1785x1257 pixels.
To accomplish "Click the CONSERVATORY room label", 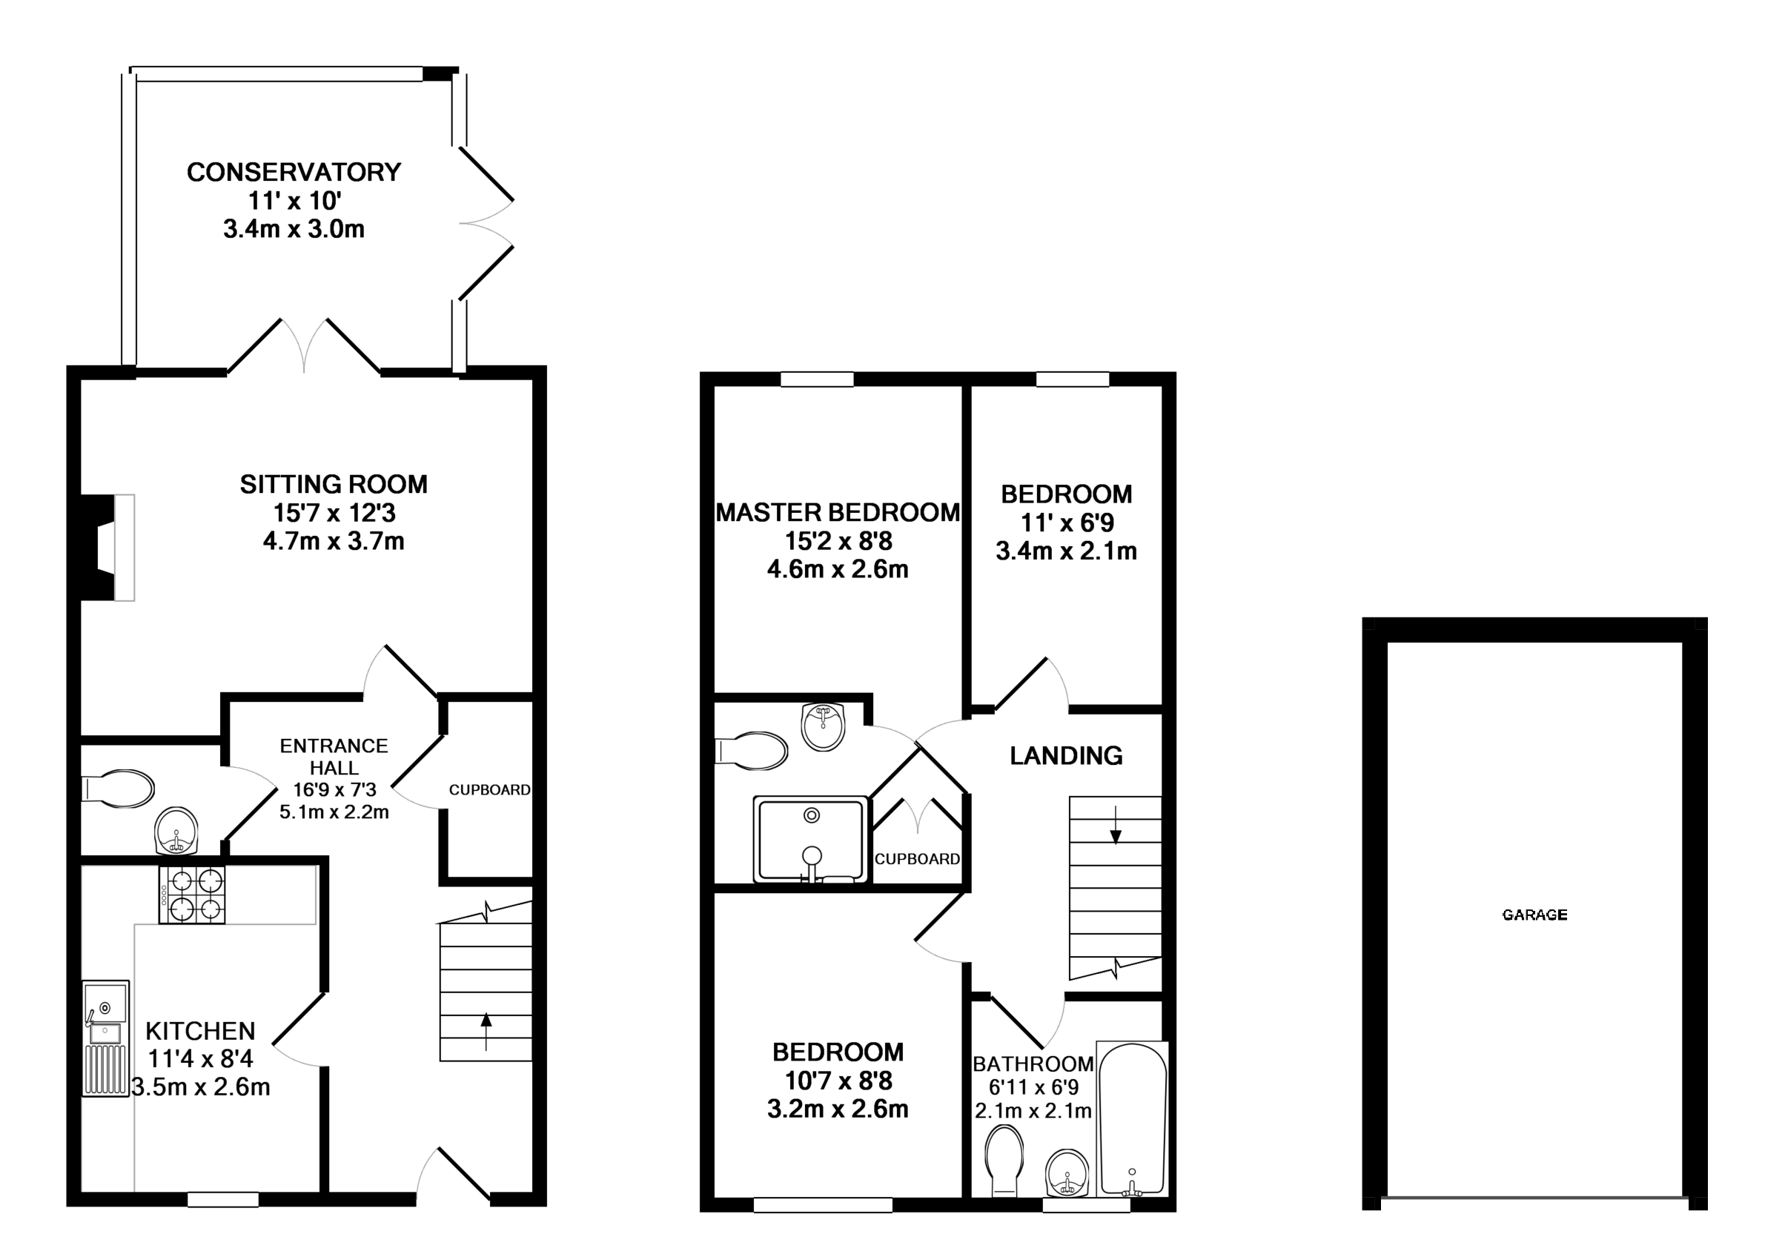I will click(294, 172).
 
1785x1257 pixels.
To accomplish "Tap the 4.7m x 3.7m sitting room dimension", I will click(334, 541).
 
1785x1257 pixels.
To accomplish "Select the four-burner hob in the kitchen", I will click(192, 895).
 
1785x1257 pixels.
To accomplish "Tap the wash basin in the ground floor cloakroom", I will click(176, 830).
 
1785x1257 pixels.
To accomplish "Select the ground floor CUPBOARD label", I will click(490, 790).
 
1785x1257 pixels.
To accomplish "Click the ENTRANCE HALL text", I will click(334, 757).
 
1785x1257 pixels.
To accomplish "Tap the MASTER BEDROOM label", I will click(838, 513).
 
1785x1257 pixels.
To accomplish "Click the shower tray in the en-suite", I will click(810, 840).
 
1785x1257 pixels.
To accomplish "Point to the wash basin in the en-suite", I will click(823, 727).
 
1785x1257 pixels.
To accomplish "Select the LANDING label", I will click(1066, 755).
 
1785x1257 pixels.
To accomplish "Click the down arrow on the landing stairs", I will click(1116, 826).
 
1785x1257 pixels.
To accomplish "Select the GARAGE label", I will click(1534, 915).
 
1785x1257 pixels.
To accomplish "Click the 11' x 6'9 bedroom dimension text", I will click(1067, 523).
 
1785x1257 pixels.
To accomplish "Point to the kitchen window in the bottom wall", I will click(223, 1200).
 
